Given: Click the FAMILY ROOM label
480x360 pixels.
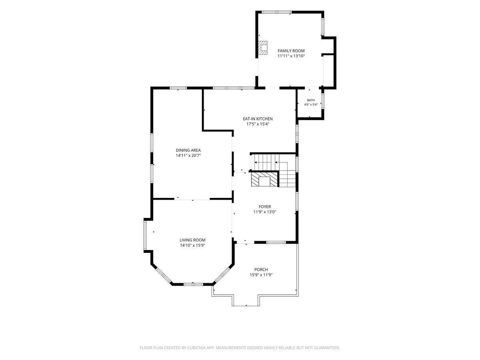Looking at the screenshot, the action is (291, 51).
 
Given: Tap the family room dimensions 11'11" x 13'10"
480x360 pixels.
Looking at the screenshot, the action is (291, 56).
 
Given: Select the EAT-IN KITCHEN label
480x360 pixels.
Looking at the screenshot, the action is (258, 119).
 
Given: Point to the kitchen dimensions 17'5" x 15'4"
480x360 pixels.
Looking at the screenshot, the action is (258, 124).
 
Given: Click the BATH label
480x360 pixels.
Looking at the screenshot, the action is (311, 100).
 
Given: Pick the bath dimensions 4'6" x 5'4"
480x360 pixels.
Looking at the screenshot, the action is (311, 104).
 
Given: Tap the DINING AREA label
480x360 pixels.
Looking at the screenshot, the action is (188, 150).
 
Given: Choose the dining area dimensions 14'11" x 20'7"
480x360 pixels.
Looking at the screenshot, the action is (188, 156).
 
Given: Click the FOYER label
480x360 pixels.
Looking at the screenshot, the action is (265, 206).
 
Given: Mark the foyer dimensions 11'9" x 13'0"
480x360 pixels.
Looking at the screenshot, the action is (265, 212).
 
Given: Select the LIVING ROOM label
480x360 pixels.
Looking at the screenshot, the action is (192, 240).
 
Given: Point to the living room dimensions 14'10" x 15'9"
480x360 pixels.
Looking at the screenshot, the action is (192, 245).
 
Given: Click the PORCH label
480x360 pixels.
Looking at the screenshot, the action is (261, 270).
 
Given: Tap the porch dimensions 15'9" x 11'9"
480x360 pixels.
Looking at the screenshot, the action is (261, 275).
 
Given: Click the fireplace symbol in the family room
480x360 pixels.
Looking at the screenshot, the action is (262, 48).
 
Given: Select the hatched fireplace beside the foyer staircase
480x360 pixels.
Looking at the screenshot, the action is (264, 179).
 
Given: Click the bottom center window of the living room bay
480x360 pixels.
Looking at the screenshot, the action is (193, 284).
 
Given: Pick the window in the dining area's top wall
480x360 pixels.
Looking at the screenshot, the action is (178, 88).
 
